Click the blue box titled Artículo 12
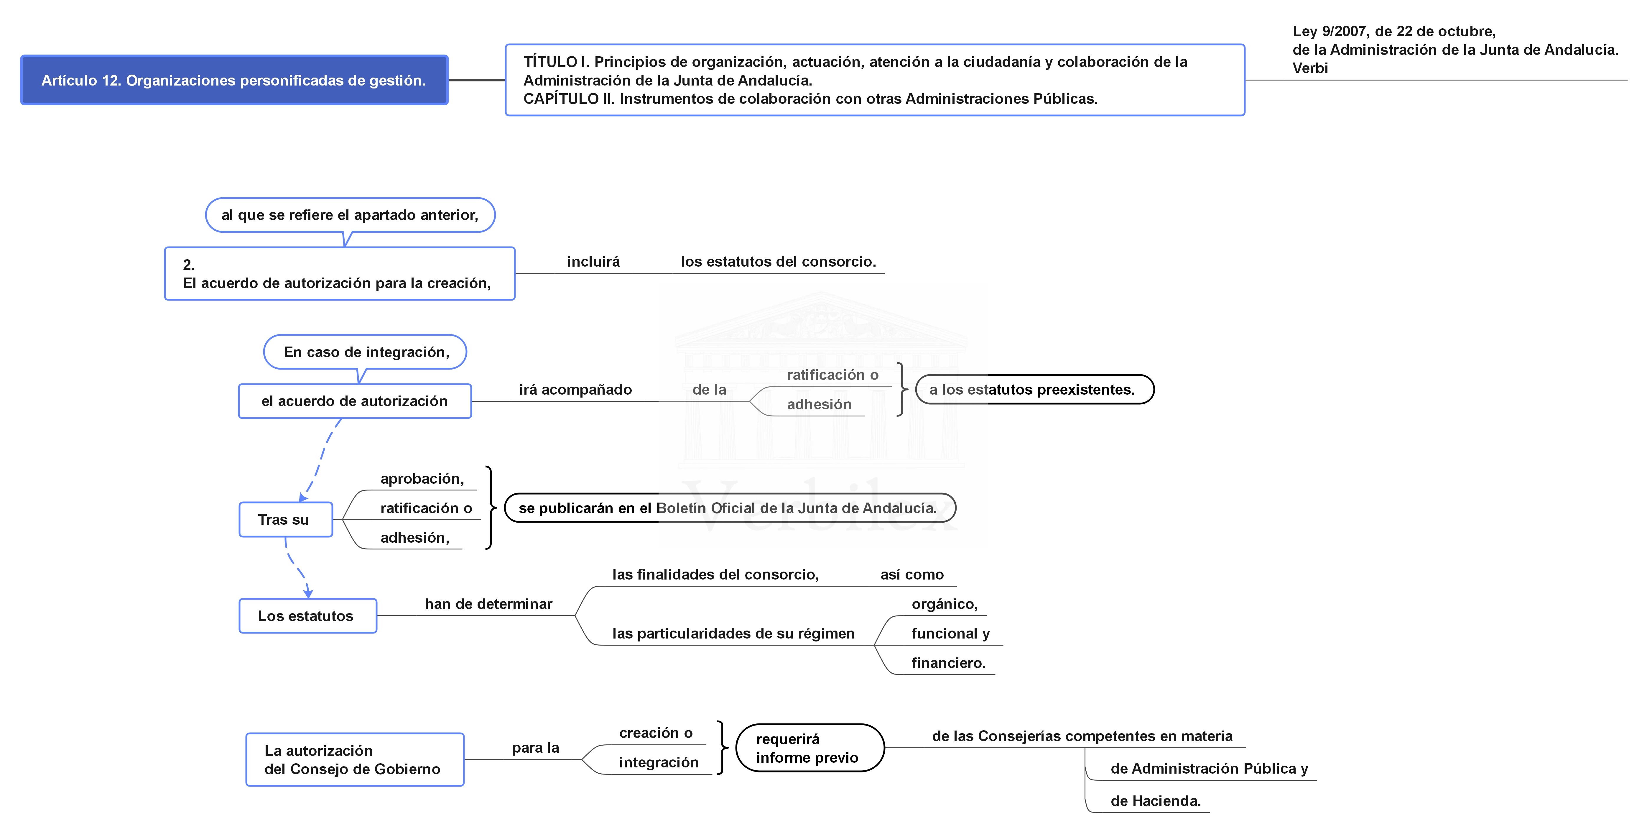(234, 80)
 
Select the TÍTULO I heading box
(875, 80)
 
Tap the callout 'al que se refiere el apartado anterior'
(350, 215)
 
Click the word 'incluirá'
(593, 262)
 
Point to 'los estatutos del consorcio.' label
(778, 262)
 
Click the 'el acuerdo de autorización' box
(355, 401)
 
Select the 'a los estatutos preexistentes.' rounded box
(1034, 390)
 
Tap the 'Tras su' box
(286, 519)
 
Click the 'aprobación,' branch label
(422, 479)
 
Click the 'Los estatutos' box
(307, 616)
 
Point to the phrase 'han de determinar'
(488, 604)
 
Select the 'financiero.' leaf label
(948, 663)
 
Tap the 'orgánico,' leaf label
(944, 604)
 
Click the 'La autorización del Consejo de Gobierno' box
(355, 760)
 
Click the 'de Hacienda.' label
(1155, 801)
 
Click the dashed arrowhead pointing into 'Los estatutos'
(308, 593)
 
